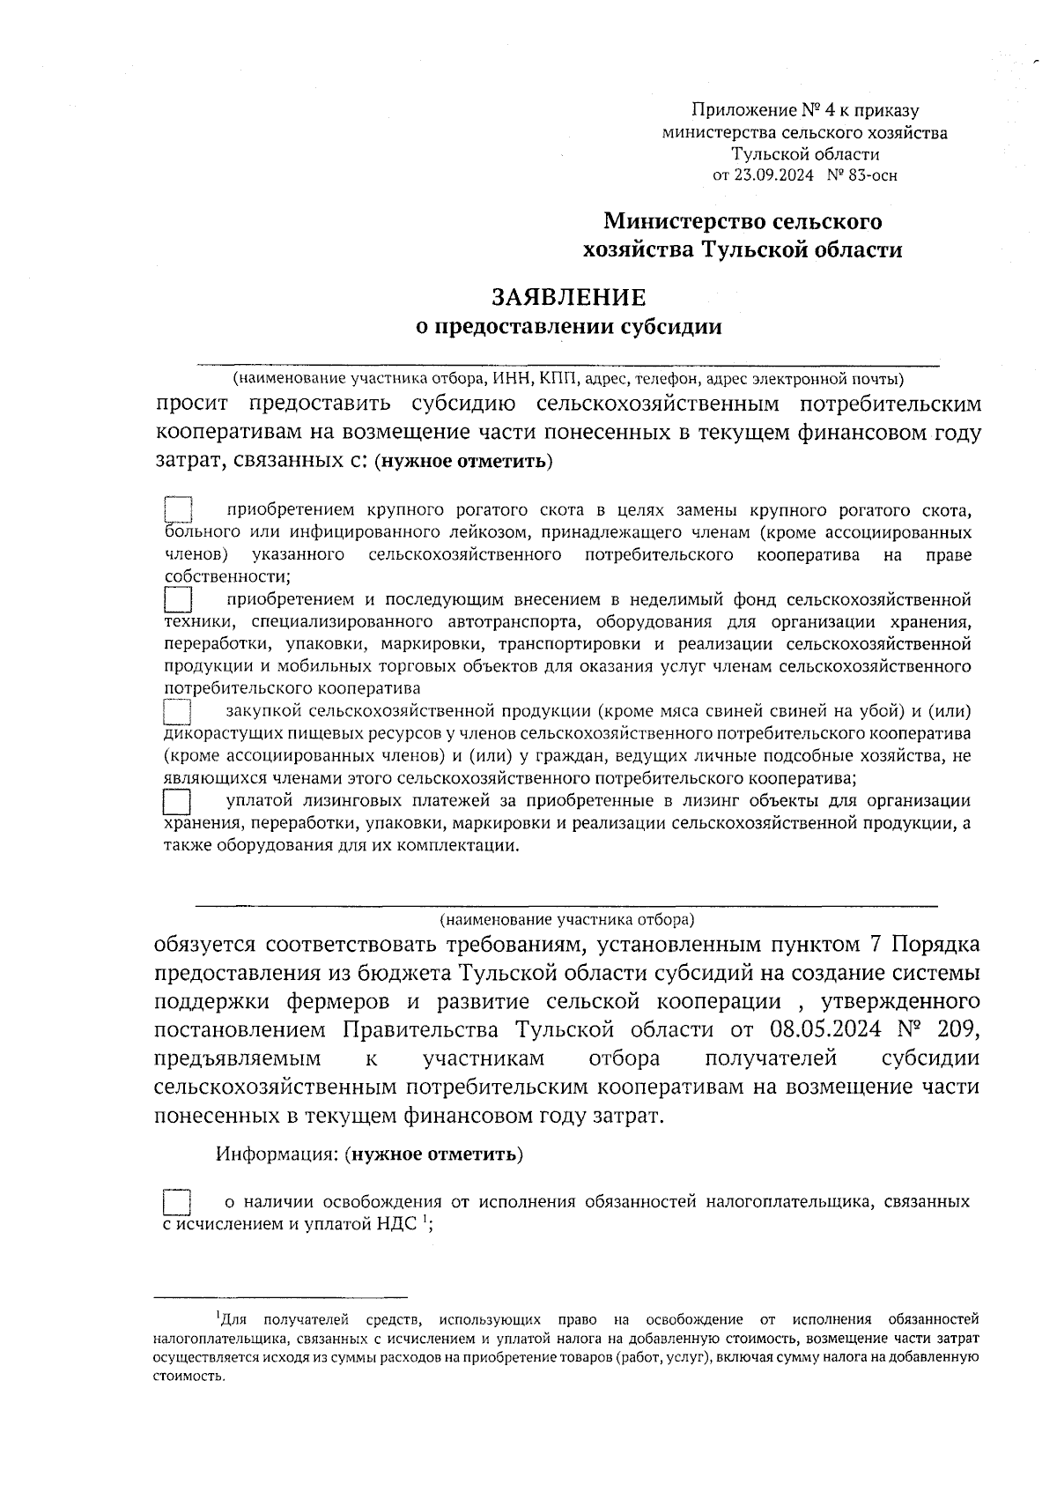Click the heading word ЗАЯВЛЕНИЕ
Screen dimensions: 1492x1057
click(x=568, y=297)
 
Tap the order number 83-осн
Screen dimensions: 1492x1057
click(x=872, y=175)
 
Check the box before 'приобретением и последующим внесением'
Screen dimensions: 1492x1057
click(x=179, y=600)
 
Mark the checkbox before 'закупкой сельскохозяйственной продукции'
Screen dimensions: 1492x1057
click(x=179, y=711)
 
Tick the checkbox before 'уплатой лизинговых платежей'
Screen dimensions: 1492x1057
click(x=179, y=801)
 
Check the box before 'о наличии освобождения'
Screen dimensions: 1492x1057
click(x=179, y=1202)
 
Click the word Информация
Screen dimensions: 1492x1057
click(x=276, y=1154)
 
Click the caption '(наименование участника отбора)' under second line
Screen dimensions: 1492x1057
click(x=567, y=920)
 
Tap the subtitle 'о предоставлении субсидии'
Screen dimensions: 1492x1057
click(x=568, y=327)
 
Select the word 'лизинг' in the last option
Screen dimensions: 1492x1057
click(x=720, y=801)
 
